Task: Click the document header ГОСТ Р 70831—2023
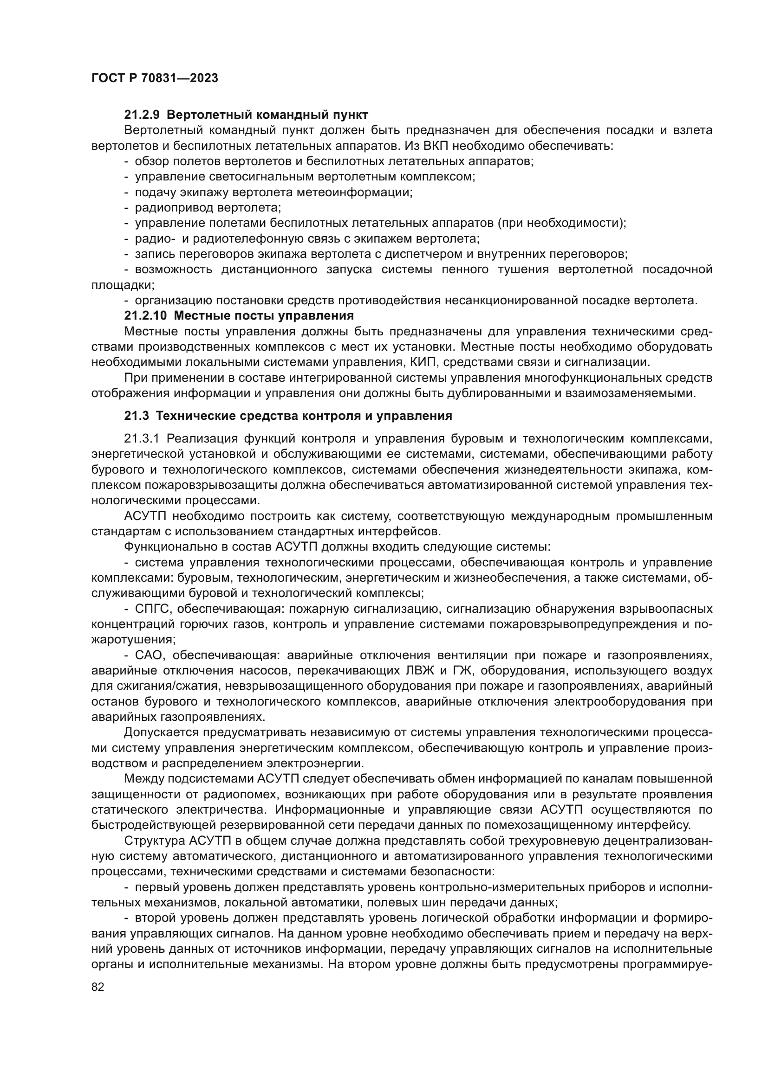[x=155, y=78]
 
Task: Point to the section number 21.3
[x=137, y=416]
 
